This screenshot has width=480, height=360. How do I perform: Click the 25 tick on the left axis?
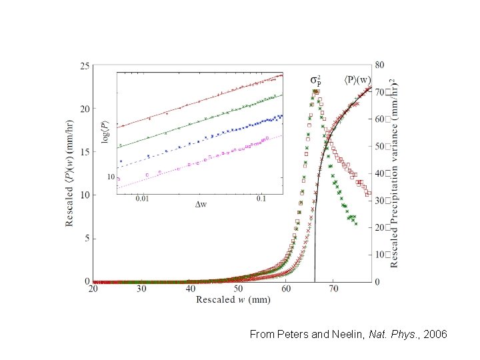coord(85,66)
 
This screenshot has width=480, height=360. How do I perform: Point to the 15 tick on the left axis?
coord(85,152)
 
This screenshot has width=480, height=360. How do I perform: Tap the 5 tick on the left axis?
coord(87,238)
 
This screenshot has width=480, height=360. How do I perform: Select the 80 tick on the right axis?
coord(379,65)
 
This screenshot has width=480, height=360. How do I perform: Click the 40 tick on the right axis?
coord(379,173)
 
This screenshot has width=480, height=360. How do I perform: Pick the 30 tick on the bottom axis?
coord(141,289)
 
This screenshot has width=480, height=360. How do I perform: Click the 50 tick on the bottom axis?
coord(238,289)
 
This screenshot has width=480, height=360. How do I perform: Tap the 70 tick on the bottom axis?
coord(334,289)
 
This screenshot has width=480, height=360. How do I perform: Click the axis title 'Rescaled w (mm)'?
coord(233,300)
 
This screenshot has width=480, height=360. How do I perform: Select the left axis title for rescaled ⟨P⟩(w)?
coord(70,173)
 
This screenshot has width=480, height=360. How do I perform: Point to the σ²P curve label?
coord(317,81)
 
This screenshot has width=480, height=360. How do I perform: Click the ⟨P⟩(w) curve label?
coord(357,80)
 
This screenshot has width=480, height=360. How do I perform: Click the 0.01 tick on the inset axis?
coord(142,198)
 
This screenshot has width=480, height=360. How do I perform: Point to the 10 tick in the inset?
coord(111,177)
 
